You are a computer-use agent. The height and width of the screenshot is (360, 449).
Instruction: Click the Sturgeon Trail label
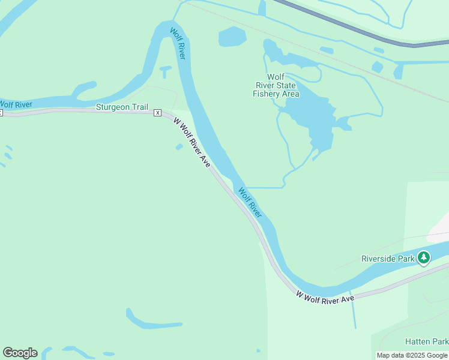(x=122, y=107)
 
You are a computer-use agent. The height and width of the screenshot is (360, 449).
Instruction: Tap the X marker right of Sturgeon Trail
(x=157, y=112)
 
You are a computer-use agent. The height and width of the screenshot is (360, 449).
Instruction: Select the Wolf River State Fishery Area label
(x=276, y=85)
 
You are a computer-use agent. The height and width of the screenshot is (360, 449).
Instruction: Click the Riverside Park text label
(x=388, y=259)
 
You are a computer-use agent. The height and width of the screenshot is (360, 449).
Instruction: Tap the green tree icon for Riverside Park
(x=424, y=258)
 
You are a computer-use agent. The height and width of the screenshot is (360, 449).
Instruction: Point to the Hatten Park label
(x=427, y=341)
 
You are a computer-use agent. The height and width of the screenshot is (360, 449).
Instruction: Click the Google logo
(x=20, y=353)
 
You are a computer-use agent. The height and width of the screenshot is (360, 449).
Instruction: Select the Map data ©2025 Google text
(x=412, y=355)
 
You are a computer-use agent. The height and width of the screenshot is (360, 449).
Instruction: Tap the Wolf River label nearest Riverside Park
(x=251, y=202)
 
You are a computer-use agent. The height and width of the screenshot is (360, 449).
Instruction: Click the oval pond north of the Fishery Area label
(x=232, y=37)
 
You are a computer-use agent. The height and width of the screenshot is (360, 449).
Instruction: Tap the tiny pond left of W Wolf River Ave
(x=179, y=146)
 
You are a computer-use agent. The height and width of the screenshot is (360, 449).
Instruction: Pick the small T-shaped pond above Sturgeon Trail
(x=166, y=71)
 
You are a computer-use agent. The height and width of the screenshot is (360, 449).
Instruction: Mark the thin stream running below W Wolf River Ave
(x=353, y=312)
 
